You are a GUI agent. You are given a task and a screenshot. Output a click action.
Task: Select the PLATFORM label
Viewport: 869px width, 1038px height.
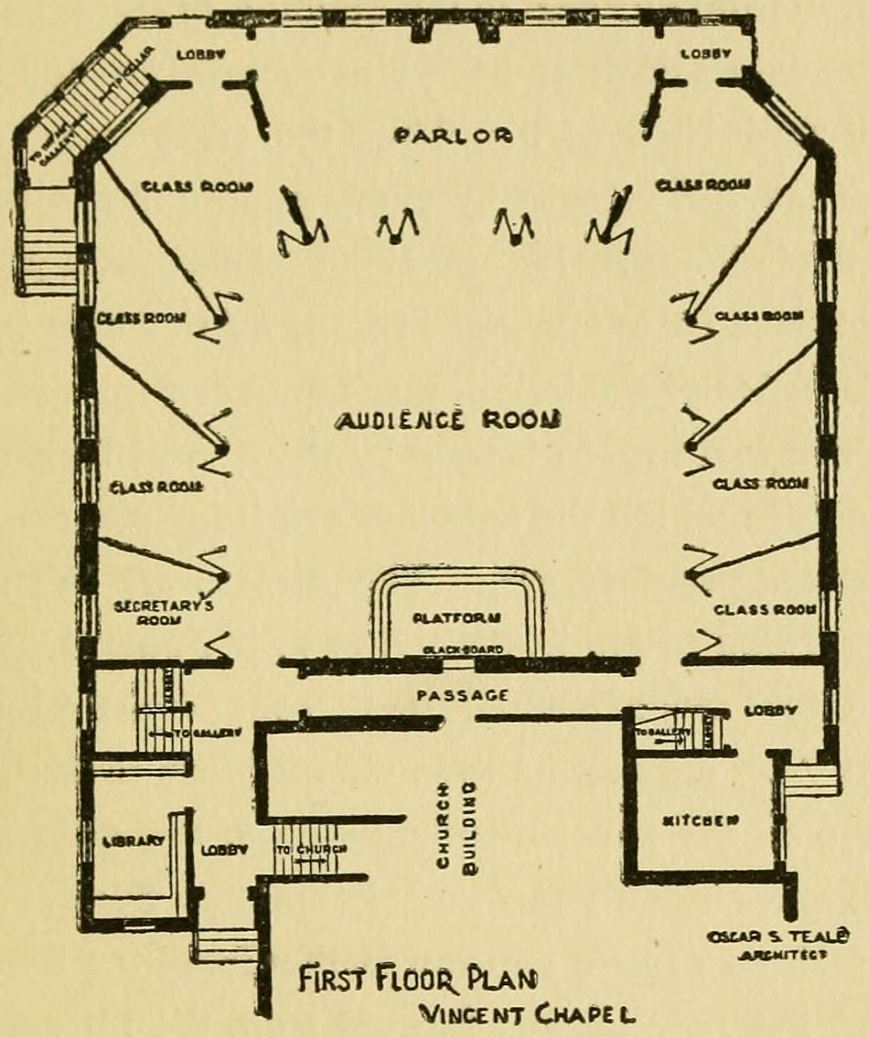point(457,618)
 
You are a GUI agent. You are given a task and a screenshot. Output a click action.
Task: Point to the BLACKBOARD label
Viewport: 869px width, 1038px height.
point(457,650)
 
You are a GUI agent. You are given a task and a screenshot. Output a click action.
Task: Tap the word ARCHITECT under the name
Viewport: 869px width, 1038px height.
point(775,956)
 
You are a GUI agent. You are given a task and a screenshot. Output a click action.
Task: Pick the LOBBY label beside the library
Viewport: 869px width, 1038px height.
point(225,849)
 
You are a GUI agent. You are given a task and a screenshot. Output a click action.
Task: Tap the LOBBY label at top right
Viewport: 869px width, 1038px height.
point(706,54)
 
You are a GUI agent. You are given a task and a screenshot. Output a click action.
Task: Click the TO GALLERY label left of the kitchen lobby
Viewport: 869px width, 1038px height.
point(663,732)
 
